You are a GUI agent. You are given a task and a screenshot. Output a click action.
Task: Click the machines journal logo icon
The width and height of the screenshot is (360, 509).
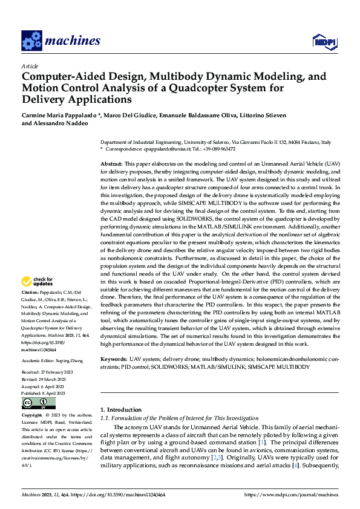31,41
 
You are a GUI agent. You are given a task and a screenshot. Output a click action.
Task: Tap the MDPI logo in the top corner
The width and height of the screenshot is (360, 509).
324,41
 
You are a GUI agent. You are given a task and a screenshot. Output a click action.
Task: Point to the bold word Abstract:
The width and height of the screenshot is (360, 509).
111,164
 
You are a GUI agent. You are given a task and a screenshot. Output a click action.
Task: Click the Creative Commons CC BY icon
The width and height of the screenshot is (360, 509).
38,403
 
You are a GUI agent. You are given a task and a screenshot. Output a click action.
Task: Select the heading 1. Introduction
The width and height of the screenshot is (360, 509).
121,409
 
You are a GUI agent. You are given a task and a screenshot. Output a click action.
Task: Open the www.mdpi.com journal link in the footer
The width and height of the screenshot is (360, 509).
290,495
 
